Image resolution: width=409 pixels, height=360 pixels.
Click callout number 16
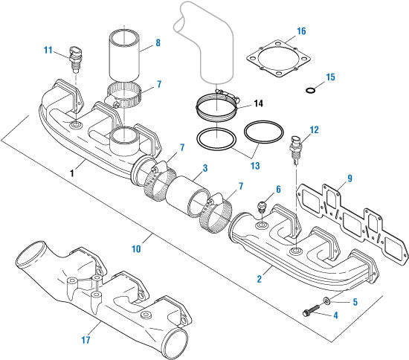300,31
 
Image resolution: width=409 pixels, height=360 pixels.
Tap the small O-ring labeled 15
311,90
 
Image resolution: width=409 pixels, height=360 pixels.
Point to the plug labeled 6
262,205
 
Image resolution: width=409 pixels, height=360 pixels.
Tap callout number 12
314,130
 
